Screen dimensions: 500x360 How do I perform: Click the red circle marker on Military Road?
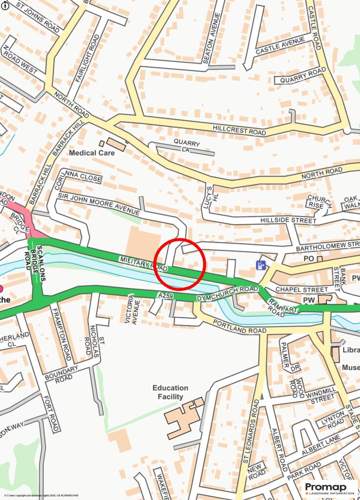pyautogui.click(x=180, y=264)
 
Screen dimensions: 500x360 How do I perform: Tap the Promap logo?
pyautogui.click(x=326, y=488)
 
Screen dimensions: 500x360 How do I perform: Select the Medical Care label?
pyautogui.click(x=92, y=153)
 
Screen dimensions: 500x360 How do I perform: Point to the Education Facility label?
pyautogui.click(x=170, y=392)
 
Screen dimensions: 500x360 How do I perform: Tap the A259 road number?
pyautogui.click(x=165, y=296)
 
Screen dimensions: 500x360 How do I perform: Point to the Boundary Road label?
pyautogui.click(x=61, y=374)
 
